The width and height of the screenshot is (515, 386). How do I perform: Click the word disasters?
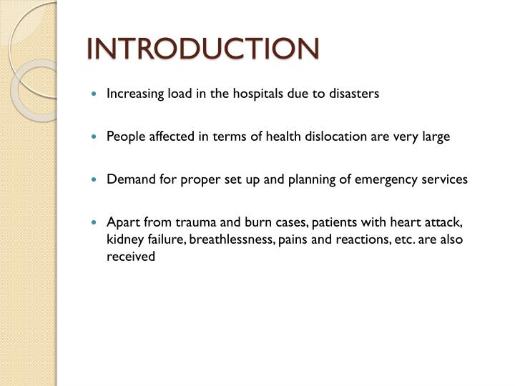(x=356, y=94)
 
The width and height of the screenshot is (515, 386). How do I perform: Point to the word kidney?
(x=123, y=239)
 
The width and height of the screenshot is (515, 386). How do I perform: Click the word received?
(x=131, y=257)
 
